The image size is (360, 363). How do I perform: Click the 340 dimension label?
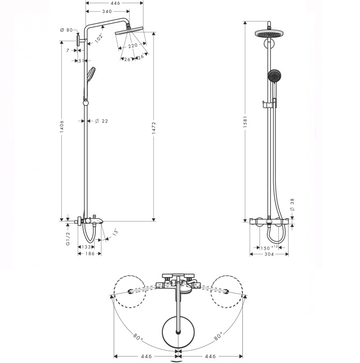[x=107, y=11]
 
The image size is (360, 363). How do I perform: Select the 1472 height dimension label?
[x=154, y=128]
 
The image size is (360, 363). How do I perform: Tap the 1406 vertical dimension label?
[x=62, y=126]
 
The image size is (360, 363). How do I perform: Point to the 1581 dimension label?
[x=246, y=122]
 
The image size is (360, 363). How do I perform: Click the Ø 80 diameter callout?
[x=66, y=30]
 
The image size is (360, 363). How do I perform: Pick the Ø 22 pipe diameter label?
[x=102, y=121]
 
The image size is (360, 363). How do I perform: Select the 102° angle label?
[x=98, y=38]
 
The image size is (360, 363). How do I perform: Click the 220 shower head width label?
[x=133, y=46]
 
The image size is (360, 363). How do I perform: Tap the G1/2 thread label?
[x=68, y=239]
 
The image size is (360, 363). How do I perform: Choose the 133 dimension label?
[x=86, y=247]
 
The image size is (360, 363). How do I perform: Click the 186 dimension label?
[x=90, y=254]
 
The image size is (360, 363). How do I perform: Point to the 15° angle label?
[x=115, y=233]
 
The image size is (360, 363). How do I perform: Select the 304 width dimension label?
[x=269, y=254]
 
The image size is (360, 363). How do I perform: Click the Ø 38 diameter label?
[x=292, y=205]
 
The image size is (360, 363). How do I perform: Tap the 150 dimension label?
[x=265, y=248]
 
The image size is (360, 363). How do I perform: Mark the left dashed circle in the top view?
[x=130, y=291]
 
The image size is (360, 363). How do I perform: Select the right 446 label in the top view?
[x=210, y=357]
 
